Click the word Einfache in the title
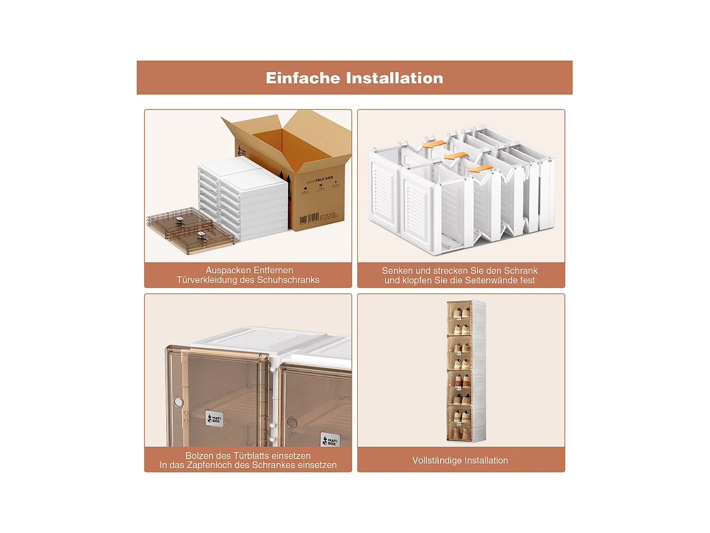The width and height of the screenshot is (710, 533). [303, 78]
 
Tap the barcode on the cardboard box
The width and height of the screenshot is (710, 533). [314, 218]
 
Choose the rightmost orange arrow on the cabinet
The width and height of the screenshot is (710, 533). [480, 169]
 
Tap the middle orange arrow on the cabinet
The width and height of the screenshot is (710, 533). [456, 156]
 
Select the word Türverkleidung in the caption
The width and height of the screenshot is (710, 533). [206, 280]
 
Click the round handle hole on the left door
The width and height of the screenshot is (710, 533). [178, 402]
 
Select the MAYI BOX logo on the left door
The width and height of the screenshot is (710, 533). [214, 419]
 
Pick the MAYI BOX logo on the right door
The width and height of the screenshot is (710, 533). [330, 441]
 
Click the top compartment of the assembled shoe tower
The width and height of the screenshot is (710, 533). [460, 318]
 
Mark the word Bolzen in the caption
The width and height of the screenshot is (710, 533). [199, 456]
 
